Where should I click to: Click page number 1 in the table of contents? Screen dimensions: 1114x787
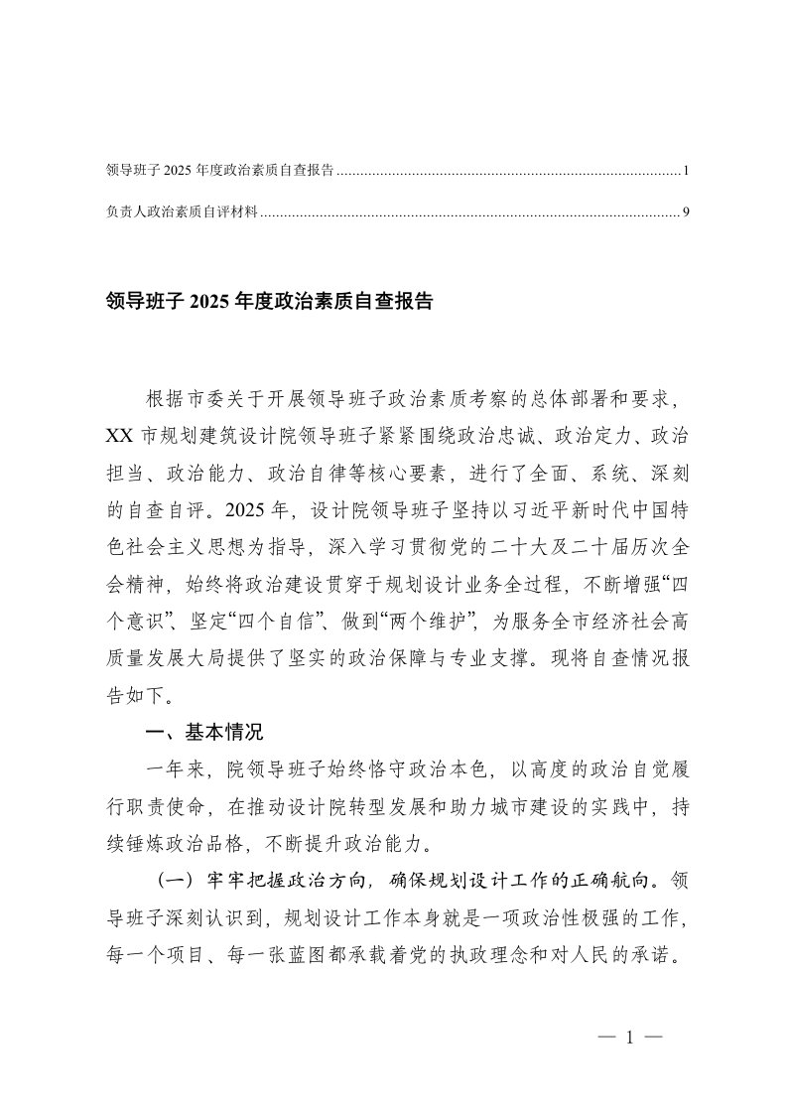(x=686, y=171)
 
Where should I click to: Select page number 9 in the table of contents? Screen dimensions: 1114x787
(x=686, y=211)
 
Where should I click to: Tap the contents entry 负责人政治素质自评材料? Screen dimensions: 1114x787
(x=180, y=211)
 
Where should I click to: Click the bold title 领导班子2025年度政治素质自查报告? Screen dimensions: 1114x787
(x=269, y=302)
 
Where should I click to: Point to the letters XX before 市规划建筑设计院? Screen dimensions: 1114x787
(x=116, y=436)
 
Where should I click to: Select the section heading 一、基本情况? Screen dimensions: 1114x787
(x=203, y=735)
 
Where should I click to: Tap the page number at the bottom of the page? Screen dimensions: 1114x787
(x=630, y=1038)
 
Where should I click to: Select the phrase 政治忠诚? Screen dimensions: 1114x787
(x=541, y=436)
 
